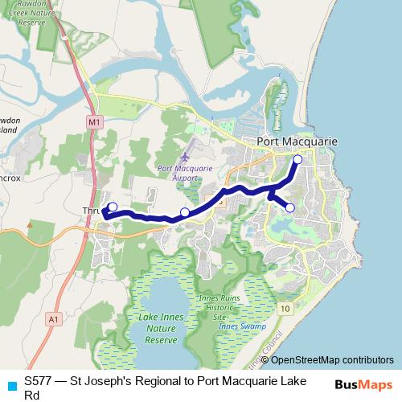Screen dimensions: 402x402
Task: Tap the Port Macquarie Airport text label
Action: (x=185, y=173)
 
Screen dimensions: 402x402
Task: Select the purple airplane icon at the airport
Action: (x=186, y=155)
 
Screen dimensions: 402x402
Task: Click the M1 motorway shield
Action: (x=95, y=121)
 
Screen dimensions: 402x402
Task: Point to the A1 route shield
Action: (x=53, y=319)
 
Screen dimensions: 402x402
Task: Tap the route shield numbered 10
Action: (x=286, y=309)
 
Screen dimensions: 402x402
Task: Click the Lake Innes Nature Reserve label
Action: (x=161, y=329)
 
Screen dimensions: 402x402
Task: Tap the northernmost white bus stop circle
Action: (x=297, y=159)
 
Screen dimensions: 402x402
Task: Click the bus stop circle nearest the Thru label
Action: (x=113, y=207)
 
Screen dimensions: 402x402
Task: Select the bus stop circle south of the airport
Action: (x=185, y=212)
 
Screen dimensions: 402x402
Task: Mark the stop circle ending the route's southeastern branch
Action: (x=290, y=208)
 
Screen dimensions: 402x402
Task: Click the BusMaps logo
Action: (x=361, y=384)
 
